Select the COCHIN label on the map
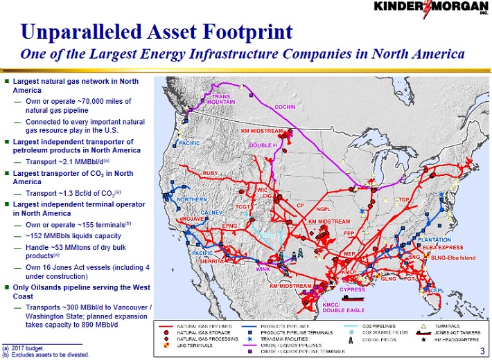click(285, 107)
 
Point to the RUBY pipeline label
click(211, 172)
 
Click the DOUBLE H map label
click(263, 145)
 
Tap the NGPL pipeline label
click(326, 209)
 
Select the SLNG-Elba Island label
click(454, 258)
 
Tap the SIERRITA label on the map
click(211, 262)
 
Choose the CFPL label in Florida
click(437, 291)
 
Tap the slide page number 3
click(482, 351)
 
